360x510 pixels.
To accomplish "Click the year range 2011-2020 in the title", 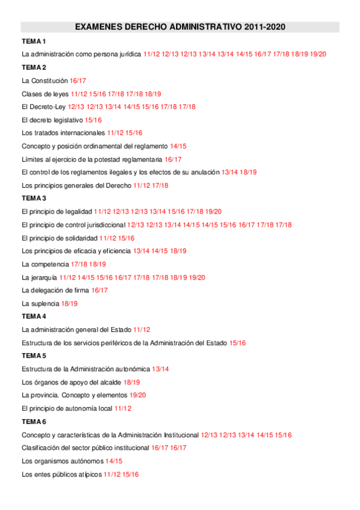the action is click(x=265, y=27).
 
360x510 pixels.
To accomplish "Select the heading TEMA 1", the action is click(x=34, y=41).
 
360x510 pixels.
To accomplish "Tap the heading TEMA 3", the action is click(x=34, y=198).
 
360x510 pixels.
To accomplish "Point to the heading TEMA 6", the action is click(x=34, y=421).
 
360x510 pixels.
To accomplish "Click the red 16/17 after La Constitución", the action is click(x=78, y=81).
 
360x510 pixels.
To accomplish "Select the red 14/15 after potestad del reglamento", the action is click(x=178, y=146).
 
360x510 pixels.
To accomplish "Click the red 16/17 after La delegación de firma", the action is click(x=100, y=290).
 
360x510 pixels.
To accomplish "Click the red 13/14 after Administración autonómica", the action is click(x=160, y=369).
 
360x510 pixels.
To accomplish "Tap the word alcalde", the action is click(x=108, y=382).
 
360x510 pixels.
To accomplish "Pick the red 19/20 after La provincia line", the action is click(x=138, y=395).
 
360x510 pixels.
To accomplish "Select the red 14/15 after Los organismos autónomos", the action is click(x=114, y=461).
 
